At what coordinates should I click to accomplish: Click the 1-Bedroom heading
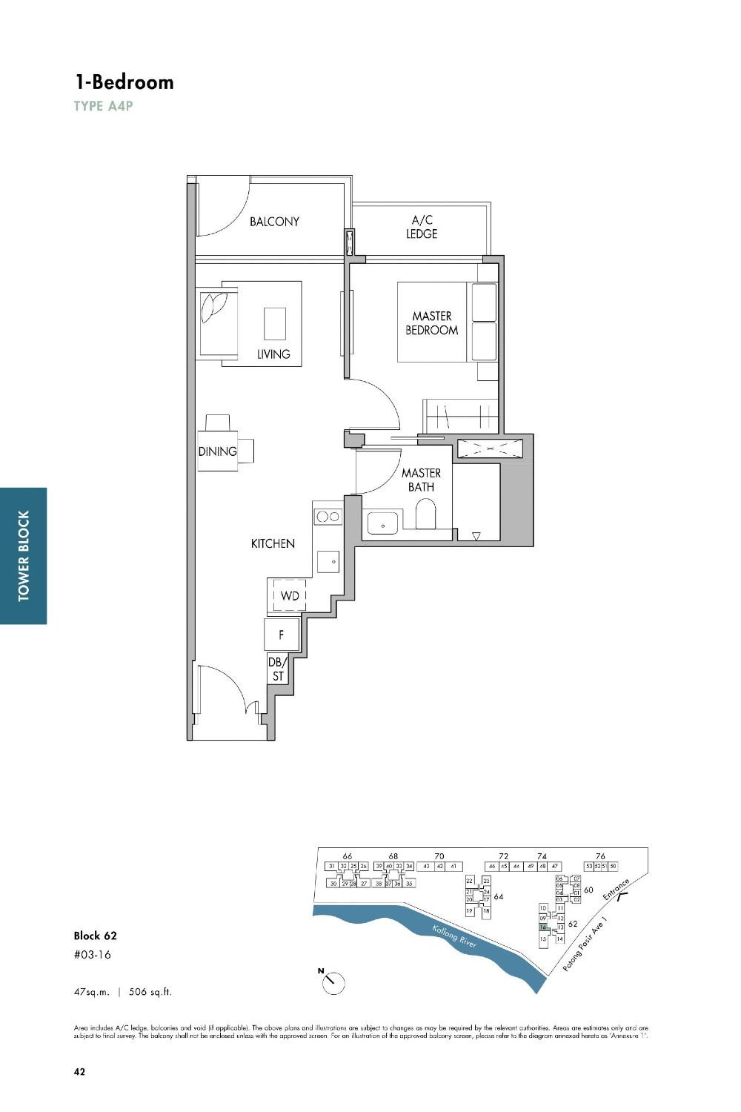[124, 82]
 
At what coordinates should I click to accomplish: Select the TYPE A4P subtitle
[103, 106]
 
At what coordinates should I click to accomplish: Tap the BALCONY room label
[274, 222]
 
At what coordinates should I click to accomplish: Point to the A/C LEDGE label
[421, 227]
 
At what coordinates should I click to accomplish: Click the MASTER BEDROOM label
[431, 323]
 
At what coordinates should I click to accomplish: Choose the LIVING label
[273, 354]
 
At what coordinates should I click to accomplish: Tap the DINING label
[217, 451]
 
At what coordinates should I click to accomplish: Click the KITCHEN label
[273, 544]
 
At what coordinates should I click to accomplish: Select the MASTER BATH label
[421, 480]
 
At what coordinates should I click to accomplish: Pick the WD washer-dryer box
[289, 596]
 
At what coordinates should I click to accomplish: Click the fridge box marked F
[281, 635]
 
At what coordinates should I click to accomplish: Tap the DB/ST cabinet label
[277, 669]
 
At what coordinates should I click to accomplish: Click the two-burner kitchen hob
[328, 516]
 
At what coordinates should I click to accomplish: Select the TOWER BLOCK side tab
[24, 555]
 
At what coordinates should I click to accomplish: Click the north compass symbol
[333, 982]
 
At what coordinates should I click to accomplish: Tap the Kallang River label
[454, 936]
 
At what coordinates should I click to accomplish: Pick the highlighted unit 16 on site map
[543, 927]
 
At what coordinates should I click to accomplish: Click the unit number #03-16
[93, 955]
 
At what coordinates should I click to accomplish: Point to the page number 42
[79, 1071]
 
